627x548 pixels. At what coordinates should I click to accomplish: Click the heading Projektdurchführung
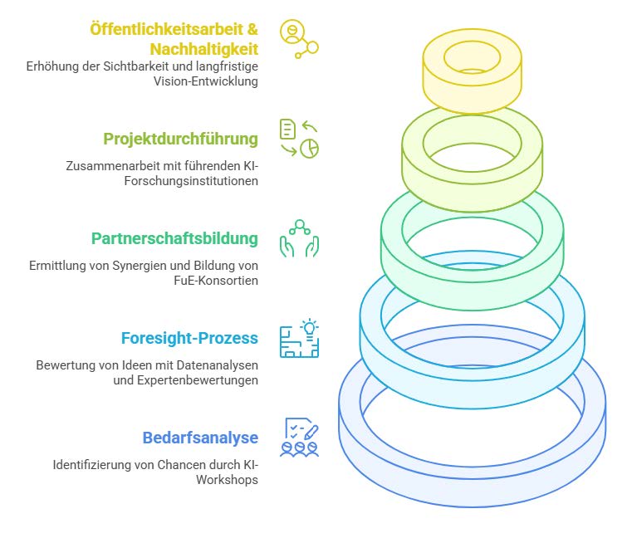pos(180,139)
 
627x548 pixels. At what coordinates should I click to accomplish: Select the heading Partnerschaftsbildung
pos(174,238)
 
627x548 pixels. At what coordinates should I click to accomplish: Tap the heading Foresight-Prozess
pos(189,338)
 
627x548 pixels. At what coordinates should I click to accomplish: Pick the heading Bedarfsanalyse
pos(200,438)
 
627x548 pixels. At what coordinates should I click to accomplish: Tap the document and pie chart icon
pos(299,139)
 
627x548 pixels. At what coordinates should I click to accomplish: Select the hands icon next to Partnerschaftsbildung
pos(299,238)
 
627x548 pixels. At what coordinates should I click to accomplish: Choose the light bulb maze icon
pos(299,338)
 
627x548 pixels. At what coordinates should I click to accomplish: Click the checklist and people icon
pos(299,438)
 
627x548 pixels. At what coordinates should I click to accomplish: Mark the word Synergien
pos(131,266)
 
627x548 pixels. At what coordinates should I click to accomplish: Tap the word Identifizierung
pos(91,465)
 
